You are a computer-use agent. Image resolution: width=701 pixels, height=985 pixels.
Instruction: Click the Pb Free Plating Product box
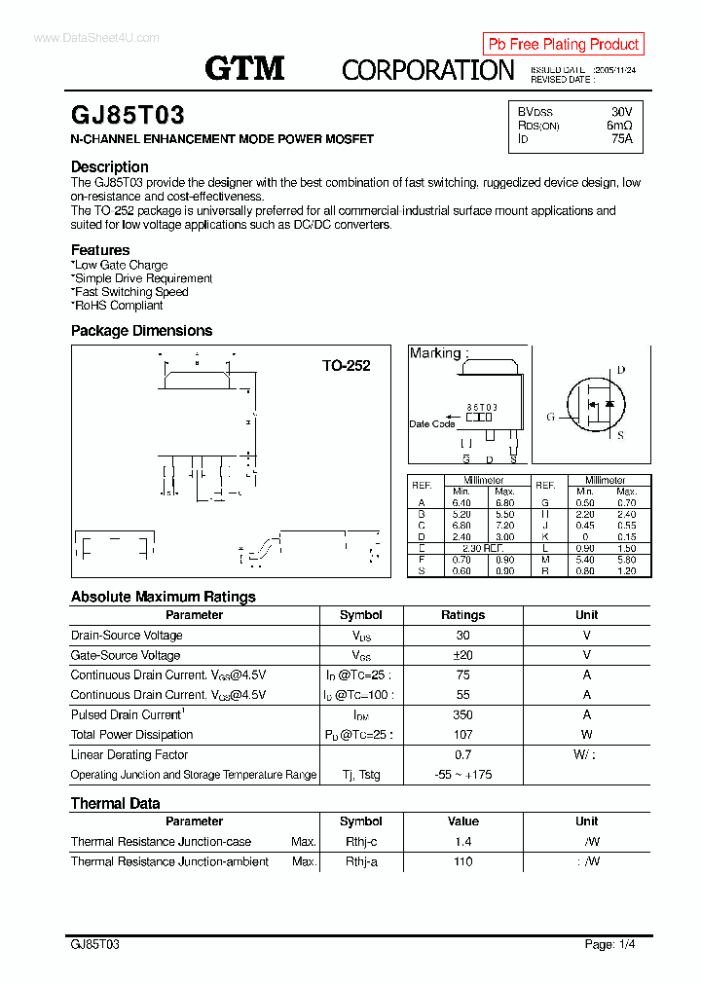tap(563, 44)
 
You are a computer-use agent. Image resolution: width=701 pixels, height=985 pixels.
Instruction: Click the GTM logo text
tap(244, 68)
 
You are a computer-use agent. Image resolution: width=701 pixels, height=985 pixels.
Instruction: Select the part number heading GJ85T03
tap(128, 115)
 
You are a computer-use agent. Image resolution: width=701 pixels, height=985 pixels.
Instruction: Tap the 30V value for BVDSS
tap(621, 111)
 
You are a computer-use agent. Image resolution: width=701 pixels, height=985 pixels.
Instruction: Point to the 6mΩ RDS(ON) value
tap(619, 126)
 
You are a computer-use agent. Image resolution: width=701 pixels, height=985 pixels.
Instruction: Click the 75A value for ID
tap(621, 139)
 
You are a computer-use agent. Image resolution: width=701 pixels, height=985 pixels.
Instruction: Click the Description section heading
tap(110, 166)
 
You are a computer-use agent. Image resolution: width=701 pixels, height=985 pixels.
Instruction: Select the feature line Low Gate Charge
tap(120, 265)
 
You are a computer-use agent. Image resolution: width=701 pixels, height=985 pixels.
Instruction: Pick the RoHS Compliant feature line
tap(118, 305)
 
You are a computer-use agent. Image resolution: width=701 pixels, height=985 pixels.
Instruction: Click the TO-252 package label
tap(347, 366)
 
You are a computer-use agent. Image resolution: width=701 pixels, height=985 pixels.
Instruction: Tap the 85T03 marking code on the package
tap(482, 407)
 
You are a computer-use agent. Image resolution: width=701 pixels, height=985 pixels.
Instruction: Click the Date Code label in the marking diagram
tap(431, 423)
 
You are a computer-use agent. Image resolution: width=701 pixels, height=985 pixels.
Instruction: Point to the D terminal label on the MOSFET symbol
tap(621, 370)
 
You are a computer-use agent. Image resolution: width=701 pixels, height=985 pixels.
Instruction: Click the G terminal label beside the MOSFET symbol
tap(550, 417)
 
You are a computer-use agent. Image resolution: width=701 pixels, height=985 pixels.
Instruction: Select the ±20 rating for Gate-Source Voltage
tap(462, 655)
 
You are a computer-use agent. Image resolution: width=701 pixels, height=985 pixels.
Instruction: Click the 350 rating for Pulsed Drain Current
tap(462, 714)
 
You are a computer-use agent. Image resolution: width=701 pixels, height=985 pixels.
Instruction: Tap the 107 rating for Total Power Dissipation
tap(462, 735)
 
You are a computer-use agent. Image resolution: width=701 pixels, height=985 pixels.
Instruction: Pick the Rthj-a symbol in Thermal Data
tap(361, 861)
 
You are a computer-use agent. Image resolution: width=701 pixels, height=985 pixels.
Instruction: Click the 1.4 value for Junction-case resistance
tap(462, 841)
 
